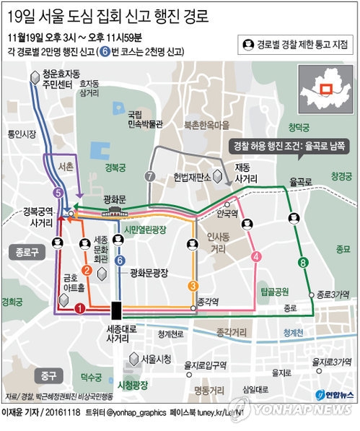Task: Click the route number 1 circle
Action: (x=79, y=308)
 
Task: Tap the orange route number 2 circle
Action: (x=87, y=271)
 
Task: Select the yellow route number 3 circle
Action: (x=193, y=284)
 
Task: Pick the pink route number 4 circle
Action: (x=256, y=256)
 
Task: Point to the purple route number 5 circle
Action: (x=58, y=193)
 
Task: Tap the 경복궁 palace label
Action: (x=115, y=165)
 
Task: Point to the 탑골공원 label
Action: (x=276, y=292)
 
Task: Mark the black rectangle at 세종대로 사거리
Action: (x=116, y=311)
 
